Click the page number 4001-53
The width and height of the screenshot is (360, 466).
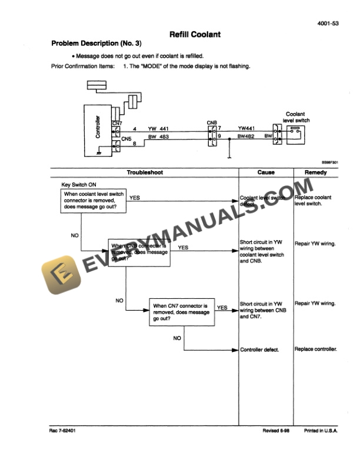(x=327, y=24)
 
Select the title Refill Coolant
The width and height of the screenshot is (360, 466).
(x=195, y=35)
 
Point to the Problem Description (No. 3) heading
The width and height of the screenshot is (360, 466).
(x=96, y=44)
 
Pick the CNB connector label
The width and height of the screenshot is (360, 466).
(x=212, y=123)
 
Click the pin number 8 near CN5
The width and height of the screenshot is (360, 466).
(x=135, y=144)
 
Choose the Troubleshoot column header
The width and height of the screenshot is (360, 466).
(x=145, y=172)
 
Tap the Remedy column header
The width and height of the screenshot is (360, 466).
(x=315, y=172)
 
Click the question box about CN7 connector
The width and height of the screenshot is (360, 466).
(x=181, y=312)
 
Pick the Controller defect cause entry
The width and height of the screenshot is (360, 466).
(x=259, y=349)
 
